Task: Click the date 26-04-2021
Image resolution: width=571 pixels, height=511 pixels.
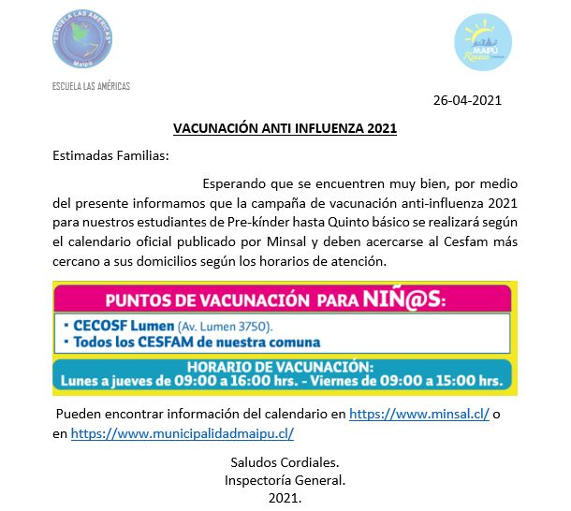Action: tap(468, 100)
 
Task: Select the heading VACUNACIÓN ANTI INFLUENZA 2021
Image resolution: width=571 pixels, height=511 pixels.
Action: tap(285, 128)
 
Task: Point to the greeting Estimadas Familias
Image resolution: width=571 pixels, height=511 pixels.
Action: tap(110, 155)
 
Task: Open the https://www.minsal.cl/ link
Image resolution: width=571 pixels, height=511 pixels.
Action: tap(419, 413)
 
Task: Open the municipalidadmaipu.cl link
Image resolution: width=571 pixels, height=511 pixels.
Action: tap(183, 433)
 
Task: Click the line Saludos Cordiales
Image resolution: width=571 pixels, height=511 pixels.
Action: tap(285, 462)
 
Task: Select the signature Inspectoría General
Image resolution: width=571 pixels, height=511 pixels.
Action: tap(285, 480)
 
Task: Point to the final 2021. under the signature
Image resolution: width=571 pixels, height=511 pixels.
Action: tap(285, 499)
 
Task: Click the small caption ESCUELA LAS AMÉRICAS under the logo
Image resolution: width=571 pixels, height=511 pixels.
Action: tap(92, 86)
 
